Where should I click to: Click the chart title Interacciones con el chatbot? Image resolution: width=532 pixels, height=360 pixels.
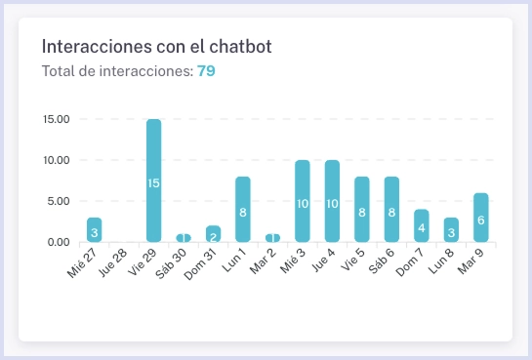pos(156,47)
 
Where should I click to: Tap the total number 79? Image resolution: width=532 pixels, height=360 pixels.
pos(206,71)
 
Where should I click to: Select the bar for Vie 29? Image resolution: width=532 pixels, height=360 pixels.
pos(153,180)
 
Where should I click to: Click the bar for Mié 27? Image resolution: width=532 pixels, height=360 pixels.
pos(94,230)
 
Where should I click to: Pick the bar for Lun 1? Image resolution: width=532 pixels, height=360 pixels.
pos(243,209)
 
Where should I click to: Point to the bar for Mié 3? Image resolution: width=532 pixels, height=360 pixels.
pos(303,201)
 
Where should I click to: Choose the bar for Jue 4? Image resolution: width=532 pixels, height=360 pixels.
pos(332,201)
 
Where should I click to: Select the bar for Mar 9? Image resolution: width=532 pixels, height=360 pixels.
pos(480,218)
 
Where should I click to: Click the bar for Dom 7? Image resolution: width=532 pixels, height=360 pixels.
pos(421,225)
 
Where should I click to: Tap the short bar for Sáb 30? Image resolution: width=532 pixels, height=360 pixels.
pos(184,238)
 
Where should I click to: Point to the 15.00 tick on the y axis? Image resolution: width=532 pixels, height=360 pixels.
pos(57,119)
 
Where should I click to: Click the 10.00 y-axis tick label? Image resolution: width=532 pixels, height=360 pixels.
pos(57,160)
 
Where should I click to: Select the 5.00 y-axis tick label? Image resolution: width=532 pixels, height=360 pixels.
pos(60,201)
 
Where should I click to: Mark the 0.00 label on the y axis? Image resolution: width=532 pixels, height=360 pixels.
pos(60,242)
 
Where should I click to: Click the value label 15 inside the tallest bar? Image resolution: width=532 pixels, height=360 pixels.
pos(153,183)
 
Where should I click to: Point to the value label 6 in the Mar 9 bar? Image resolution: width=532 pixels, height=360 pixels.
pos(480,220)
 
